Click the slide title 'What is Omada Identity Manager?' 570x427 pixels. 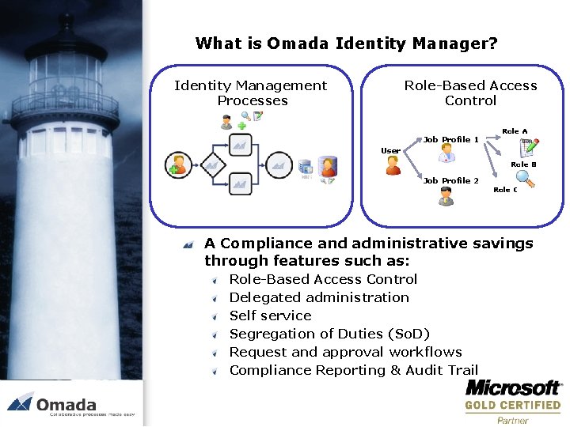pos(346,43)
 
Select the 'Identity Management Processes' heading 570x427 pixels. pos(250,93)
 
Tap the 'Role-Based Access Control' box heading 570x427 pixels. pos(470,93)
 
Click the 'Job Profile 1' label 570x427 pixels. pos(450,140)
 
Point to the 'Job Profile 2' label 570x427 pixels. pos(450,180)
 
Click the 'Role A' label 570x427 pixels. pos(515,131)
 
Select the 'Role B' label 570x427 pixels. pos(523,164)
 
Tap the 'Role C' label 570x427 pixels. pos(505,190)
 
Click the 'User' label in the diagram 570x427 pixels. pos(390,151)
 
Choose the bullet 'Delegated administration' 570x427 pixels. pos(319,297)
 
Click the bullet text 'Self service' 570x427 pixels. pos(270,316)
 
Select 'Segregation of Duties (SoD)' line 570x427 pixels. pos(329,334)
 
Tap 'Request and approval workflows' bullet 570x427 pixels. pos(345,352)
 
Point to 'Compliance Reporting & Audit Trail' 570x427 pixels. pos(354,370)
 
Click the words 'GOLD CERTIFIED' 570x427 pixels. pos(512,406)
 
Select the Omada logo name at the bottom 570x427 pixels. pos(66,403)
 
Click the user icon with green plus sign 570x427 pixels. pos(178,164)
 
